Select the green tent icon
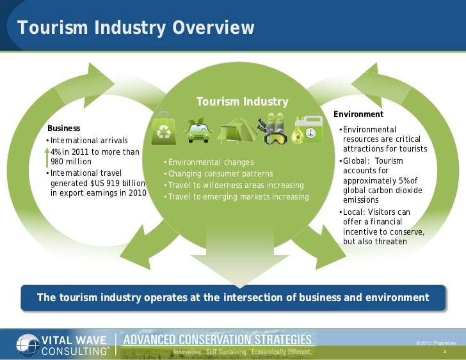(x=237, y=130)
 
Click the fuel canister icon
(x=308, y=130)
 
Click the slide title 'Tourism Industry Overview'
(x=136, y=29)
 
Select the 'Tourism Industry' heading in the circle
(x=242, y=102)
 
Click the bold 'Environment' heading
(x=358, y=114)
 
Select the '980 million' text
(x=71, y=162)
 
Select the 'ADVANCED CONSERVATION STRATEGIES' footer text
(x=217, y=339)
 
